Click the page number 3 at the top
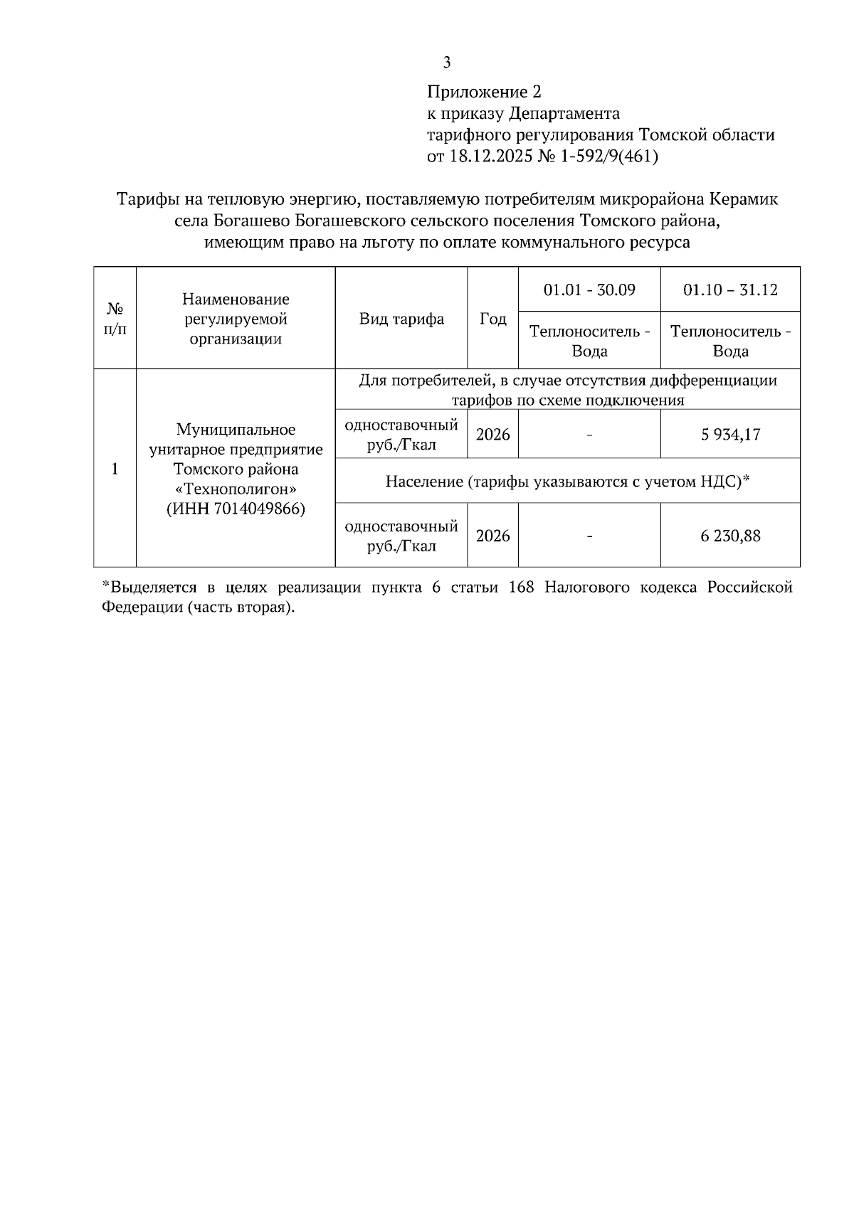pos(446,63)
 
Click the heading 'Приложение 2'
pos(484,92)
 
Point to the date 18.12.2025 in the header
pos(490,157)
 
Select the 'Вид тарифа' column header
pos(401,319)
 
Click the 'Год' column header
pos(492,319)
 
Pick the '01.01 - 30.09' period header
pos(589,290)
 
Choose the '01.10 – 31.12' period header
pos(730,290)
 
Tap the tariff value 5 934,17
pos(730,435)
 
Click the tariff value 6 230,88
pos(730,536)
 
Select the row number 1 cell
pos(115,469)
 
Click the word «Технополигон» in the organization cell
pos(236,489)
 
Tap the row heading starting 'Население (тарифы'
pos(568,482)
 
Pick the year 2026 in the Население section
pos(492,536)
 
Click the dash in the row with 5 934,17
pos(589,435)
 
